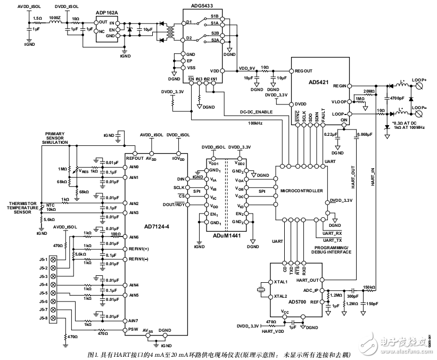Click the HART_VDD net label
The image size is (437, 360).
[x=271, y=331]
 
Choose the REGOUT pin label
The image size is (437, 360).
[x=304, y=71]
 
